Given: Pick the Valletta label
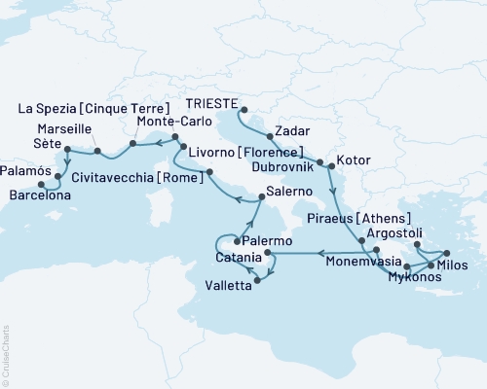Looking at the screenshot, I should point(226,284).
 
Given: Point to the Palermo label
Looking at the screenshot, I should point(267,240).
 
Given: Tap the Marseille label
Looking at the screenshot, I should point(64,128).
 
